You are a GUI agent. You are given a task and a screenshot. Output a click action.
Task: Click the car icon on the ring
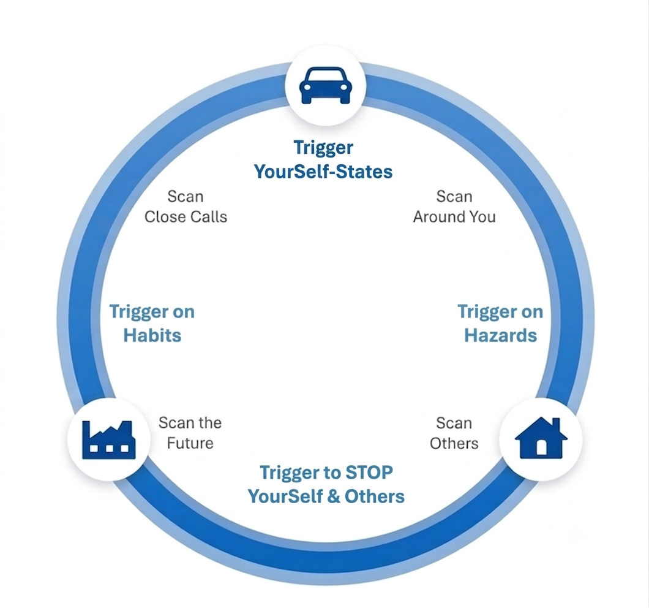pos(325,85)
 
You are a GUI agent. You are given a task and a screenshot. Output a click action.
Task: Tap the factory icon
pos(109,439)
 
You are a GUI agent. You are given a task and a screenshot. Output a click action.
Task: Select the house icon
pos(541,438)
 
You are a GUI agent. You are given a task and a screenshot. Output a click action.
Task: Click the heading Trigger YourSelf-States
pos(323,159)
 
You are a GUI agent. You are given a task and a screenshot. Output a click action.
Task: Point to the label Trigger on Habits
pos(152,324)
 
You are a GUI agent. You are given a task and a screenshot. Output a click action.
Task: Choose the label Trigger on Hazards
pos(500,324)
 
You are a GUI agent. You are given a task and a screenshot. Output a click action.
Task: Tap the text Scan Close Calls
pos(186,207)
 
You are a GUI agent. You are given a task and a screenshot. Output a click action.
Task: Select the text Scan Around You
pos(454,207)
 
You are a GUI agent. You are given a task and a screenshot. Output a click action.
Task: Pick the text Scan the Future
pos(190,433)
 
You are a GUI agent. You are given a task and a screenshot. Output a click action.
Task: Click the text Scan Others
pos(454,433)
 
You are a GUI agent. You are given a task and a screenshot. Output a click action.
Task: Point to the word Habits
pos(152,335)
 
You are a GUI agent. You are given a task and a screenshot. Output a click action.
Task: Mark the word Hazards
pos(500,335)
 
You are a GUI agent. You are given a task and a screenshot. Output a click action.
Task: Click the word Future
pos(190,443)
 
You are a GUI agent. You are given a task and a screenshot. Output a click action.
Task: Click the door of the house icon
pos(541,447)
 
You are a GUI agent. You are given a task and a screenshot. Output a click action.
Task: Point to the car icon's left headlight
pos(307,87)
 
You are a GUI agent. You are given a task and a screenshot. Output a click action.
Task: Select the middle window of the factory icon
pos(109,449)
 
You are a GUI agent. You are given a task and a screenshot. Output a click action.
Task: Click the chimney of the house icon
pos(557,424)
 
